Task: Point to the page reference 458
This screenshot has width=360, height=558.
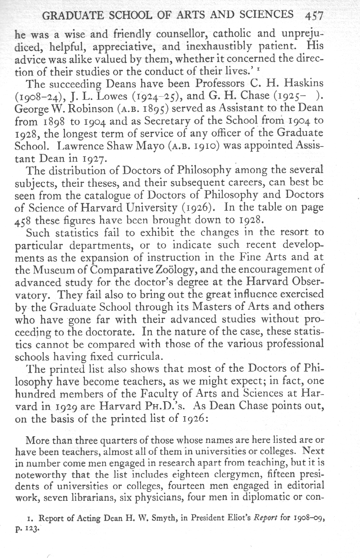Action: point(23,221)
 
